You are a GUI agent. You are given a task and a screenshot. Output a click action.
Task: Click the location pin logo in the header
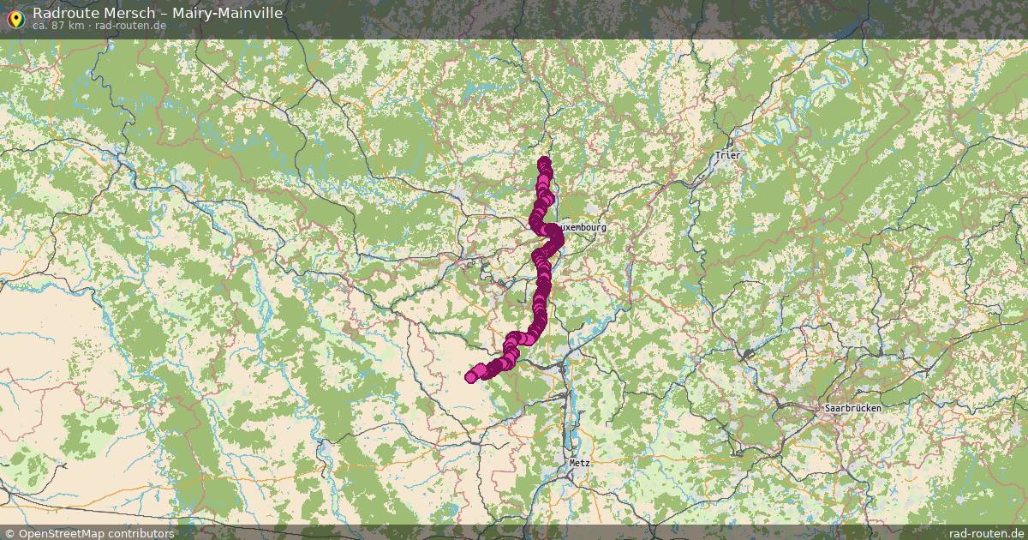(15, 18)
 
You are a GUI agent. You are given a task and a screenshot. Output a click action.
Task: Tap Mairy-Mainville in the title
(227, 13)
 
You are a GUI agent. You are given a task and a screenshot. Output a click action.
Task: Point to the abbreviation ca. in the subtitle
(41, 26)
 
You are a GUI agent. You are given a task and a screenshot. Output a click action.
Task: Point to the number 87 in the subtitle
(60, 26)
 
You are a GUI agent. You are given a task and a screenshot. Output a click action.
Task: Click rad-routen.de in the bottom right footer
(987, 533)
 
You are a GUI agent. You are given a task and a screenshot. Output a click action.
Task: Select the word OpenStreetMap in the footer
(59, 533)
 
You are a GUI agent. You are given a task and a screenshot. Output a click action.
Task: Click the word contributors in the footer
(140, 533)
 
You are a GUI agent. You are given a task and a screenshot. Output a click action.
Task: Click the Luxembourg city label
(582, 227)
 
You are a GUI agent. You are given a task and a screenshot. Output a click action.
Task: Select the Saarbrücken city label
(852, 409)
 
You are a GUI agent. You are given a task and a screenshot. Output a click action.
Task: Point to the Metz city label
(580, 462)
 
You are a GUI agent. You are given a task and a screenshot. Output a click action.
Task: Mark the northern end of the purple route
(544, 162)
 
